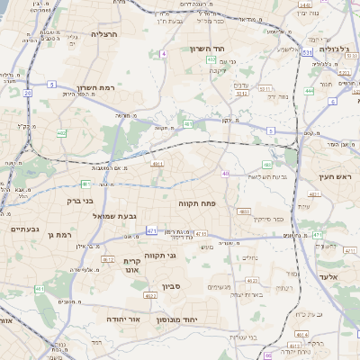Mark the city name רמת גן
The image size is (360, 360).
58,234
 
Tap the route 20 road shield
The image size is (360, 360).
28,92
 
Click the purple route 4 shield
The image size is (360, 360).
164,54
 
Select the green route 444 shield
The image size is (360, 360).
309,90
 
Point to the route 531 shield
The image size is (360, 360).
307,54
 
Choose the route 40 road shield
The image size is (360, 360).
226,173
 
